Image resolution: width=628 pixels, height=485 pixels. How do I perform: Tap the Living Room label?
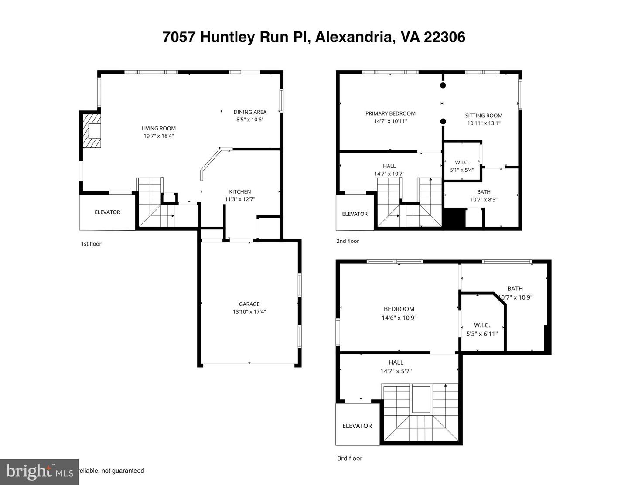click(158, 128)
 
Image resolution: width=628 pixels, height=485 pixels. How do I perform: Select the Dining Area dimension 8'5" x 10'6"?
click(250, 120)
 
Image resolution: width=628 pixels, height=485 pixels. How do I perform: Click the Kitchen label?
click(240, 191)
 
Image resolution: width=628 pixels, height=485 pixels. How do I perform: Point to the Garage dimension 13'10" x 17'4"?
click(249, 312)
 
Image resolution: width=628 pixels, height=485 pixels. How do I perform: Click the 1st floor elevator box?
click(107, 212)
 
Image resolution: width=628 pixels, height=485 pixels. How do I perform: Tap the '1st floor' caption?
click(91, 244)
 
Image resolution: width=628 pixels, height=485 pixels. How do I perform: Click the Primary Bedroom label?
click(390, 113)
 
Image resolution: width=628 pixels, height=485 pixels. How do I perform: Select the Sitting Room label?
click(484, 116)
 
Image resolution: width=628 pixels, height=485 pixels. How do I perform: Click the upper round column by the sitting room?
click(443, 86)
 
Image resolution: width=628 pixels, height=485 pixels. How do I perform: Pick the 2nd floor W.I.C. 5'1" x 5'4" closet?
click(462, 166)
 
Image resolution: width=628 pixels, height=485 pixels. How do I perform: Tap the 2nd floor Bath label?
click(484, 192)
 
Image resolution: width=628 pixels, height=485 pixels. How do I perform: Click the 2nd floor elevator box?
click(355, 214)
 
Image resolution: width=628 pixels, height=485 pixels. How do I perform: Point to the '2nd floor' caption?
click(348, 241)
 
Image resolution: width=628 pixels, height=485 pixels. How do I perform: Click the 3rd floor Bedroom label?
click(399, 309)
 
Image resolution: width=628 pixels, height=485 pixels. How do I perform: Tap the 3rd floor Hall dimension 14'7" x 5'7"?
click(396, 371)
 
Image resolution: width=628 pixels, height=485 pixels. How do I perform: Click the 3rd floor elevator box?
click(357, 426)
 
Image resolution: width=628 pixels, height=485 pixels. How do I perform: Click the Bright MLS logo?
click(39, 472)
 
